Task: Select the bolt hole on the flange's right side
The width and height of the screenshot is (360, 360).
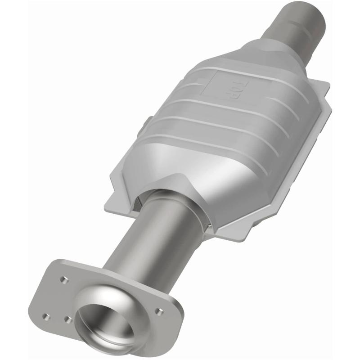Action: pos(158,310)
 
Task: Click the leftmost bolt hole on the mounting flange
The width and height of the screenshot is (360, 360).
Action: pos(45,315)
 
